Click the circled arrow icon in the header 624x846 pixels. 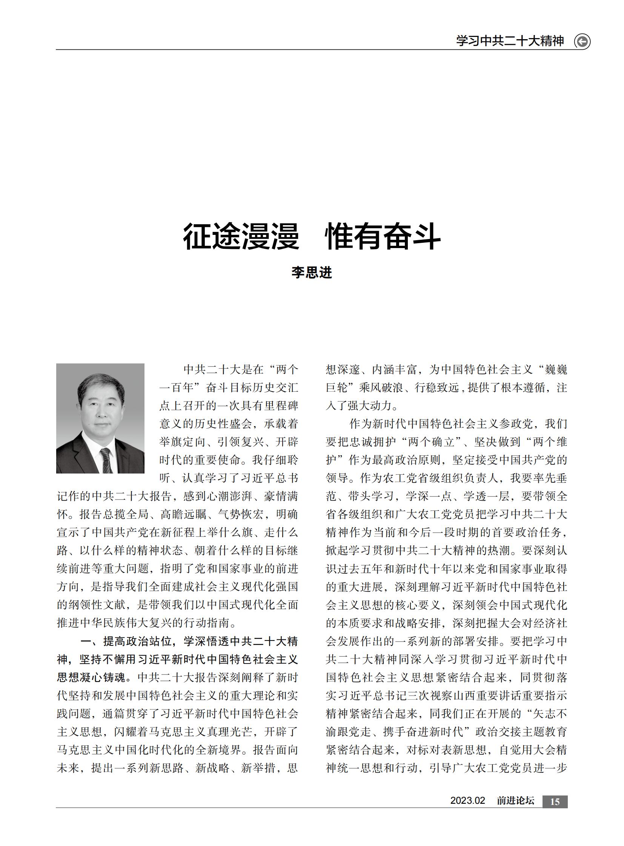click(582, 41)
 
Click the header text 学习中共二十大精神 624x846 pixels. click(510, 41)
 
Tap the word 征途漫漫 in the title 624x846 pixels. click(241, 237)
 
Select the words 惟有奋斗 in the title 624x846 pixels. click(383, 237)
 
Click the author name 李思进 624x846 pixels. click(312, 272)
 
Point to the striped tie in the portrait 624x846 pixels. click(106, 460)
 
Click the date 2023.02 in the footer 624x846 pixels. click(467, 801)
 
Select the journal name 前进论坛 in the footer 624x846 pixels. click(516, 801)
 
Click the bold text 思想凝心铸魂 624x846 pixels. click(91, 677)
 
